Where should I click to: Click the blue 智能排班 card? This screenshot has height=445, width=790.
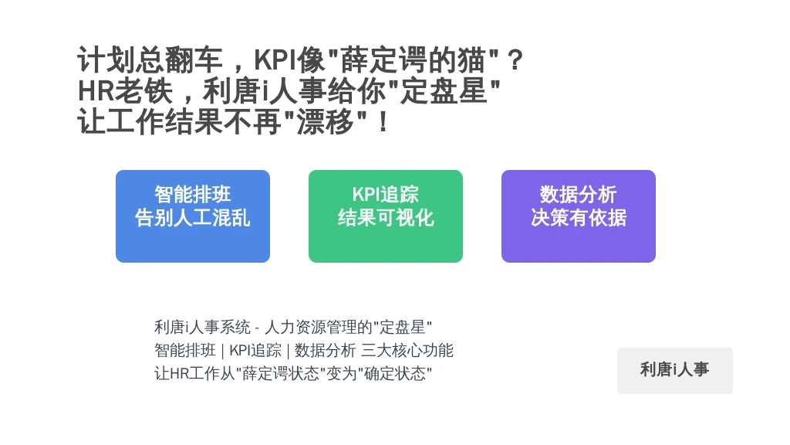pyautogui.click(x=192, y=216)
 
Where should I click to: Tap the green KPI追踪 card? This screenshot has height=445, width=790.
pyautogui.click(x=386, y=216)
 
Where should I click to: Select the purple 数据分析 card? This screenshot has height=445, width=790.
pyautogui.click(x=579, y=216)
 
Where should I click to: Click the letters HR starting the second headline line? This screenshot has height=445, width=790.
pyautogui.click(x=96, y=91)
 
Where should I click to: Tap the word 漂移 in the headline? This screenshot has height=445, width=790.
pyautogui.click(x=325, y=122)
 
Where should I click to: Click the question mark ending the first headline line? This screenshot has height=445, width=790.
pyautogui.click(x=515, y=60)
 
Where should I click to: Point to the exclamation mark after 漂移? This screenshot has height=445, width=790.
pyautogui.click(x=383, y=122)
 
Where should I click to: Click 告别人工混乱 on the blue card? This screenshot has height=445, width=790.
pyautogui.click(x=192, y=218)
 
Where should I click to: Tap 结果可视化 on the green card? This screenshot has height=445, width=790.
pyautogui.click(x=386, y=218)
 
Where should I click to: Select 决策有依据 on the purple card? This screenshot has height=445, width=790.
pyautogui.click(x=579, y=218)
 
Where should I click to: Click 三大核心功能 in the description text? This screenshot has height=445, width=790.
pyautogui.click(x=407, y=350)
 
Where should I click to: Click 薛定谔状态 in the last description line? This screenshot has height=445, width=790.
pyautogui.click(x=281, y=373)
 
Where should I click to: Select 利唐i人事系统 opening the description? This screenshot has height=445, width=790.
pyautogui.click(x=202, y=328)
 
